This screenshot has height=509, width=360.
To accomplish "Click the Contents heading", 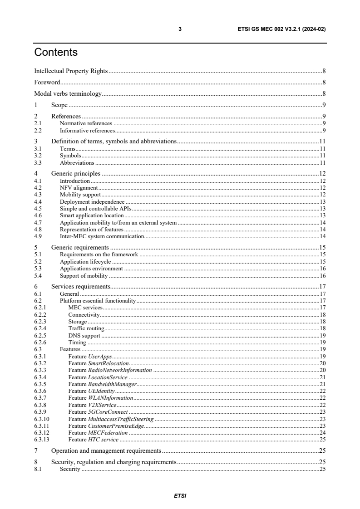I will (56, 53).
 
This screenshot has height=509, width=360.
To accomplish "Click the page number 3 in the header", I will (180, 29).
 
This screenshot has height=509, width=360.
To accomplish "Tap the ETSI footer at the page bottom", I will (180, 496).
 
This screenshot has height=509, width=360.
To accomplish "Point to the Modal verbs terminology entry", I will (68, 94).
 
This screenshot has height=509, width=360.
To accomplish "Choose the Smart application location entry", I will (92, 215).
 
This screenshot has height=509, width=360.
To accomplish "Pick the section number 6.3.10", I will (41, 419).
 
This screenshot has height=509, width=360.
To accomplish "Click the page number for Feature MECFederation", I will (322, 433).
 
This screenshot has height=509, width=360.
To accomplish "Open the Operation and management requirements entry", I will (106, 451).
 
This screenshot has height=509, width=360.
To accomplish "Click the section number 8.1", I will (38, 469).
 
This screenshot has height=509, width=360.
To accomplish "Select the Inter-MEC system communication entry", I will (102, 236).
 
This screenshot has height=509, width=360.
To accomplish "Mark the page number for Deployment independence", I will (322, 201).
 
